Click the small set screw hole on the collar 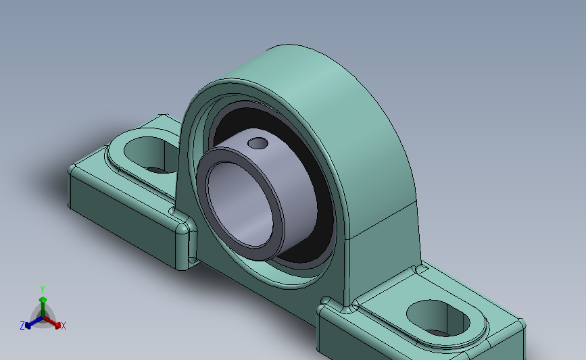point(257,143)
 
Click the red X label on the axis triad point(64,326)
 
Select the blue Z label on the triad point(22,326)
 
